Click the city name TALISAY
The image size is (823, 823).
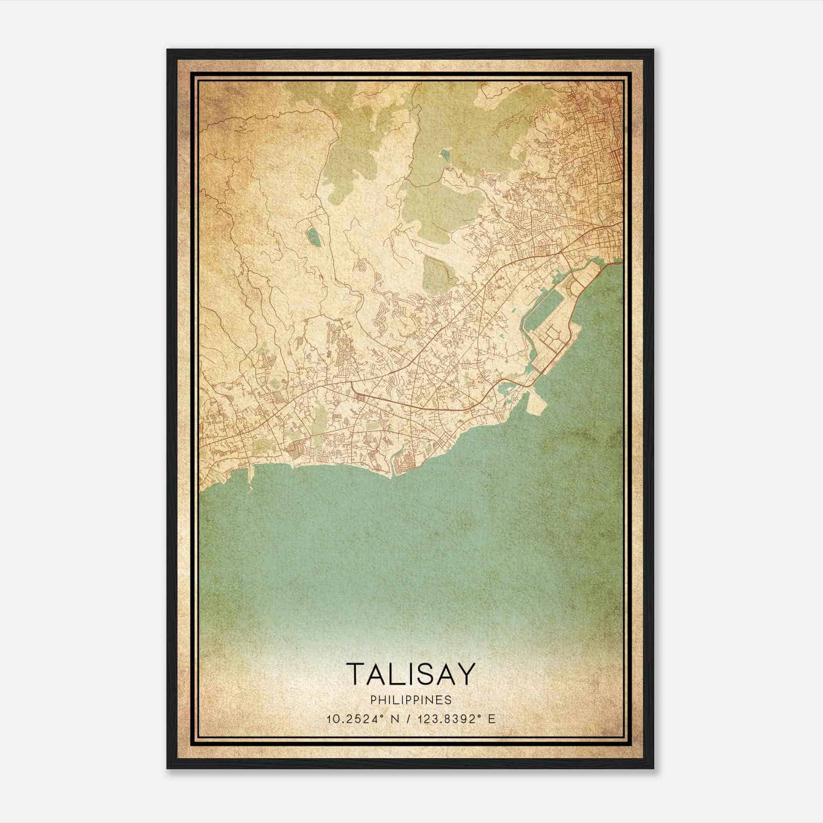pyautogui.click(x=410, y=674)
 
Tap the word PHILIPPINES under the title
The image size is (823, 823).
pyautogui.click(x=410, y=700)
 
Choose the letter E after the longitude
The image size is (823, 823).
pyautogui.click(x=492, y=719)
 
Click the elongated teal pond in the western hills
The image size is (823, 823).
pyautogui.click(x=312, y=237)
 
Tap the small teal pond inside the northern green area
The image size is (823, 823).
pyautogui.click(x=445, y=153)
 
